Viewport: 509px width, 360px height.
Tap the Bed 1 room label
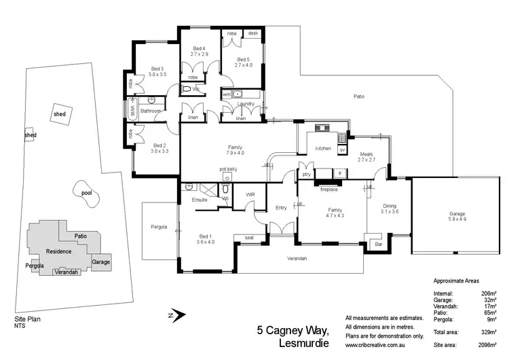pos(205,238)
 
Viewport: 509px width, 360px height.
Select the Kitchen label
pos(323,147)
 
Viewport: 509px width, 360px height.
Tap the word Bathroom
pos(150,111)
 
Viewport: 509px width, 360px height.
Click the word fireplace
pos(330,190)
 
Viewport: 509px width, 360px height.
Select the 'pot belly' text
pos(228,168)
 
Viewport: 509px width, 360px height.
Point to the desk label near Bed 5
pos(253,33)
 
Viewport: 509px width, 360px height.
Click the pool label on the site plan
pos(86,193)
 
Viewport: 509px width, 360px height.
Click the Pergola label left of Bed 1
pos(159,227)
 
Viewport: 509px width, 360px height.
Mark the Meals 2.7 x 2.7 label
pos(366,157)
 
